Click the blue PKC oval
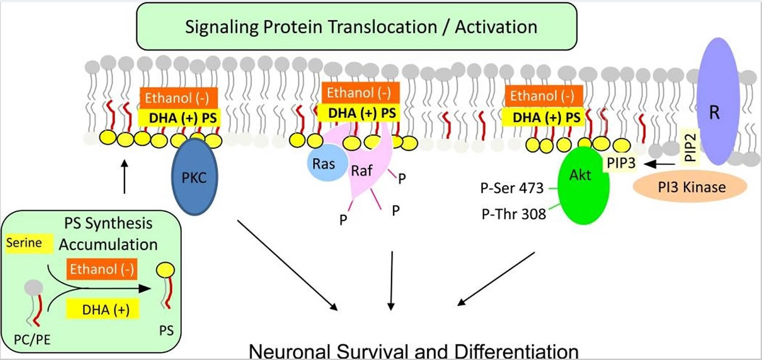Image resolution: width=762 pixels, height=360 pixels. (195, 177)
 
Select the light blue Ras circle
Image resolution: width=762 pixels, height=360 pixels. (327, 162)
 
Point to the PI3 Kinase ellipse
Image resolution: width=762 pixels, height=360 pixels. (690, 187)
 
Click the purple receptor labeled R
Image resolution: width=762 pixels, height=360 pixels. (718, 102)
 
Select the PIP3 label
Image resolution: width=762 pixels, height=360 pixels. (621, 163)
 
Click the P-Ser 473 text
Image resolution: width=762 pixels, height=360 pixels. (512, 188)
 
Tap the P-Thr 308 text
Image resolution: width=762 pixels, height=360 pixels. (514, 214)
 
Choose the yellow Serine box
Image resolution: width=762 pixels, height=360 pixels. (29, 243)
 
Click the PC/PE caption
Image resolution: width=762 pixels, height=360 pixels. (32, 340)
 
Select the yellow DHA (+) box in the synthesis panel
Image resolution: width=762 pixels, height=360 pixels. (103, 309)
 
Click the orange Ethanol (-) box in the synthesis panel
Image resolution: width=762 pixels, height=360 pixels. (102, 269)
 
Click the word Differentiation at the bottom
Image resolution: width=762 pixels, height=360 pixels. (517, 352)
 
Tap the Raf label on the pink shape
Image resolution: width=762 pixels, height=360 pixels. (362, 170)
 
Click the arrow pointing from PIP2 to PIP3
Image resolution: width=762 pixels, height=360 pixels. (659, 164)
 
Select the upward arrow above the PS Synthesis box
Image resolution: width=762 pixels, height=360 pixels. (124, 176)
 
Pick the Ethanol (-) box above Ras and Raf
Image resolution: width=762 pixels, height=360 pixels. (361, 92)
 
